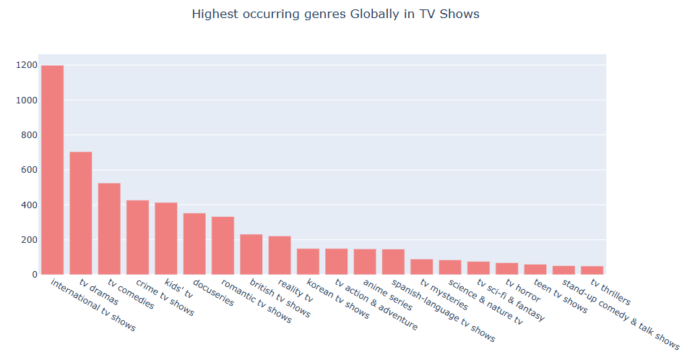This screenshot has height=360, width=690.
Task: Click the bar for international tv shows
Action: coord(52,170)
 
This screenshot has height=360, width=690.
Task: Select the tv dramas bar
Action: coord(80,213)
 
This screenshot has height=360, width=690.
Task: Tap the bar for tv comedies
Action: coord(109,229)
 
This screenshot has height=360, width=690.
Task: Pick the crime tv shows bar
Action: coord(137,237)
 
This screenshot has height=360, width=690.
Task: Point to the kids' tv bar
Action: coord(165,239)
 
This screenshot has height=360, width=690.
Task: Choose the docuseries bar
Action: coord(194,244)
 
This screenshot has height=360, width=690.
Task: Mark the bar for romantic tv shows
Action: coord(223,246)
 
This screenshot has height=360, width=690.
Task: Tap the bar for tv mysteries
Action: coord(421,267)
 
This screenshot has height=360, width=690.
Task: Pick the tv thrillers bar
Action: coord(592,270)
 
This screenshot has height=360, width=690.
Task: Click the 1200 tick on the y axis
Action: coord(26,66)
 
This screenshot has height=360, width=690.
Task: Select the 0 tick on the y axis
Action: coord(33,275)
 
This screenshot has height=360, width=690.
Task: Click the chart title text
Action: coord(335,14)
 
